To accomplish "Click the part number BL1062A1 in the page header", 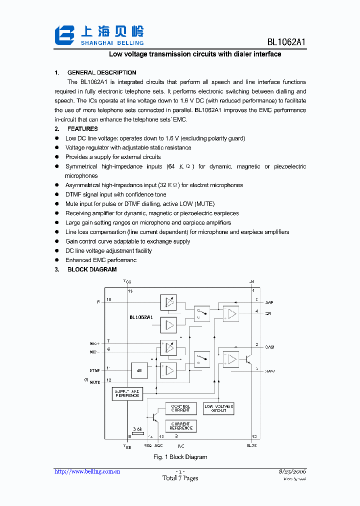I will [x=285, y=42].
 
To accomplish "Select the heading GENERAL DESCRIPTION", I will [x=101, y=72].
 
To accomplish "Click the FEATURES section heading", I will [x=82, y=129].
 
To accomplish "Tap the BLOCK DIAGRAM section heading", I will [x=92, y=269].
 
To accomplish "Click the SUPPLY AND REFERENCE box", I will [x=127, y=393].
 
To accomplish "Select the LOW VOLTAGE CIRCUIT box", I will [x=218, y=408].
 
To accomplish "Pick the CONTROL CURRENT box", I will [x=180, y=408].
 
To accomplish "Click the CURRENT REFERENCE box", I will [x=180, y=426].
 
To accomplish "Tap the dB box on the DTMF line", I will [x=139, y=370].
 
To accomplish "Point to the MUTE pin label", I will [x=94, y=382].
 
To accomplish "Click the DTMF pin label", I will [x=94, y=370].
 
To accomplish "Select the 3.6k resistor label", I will [x=137, y=429].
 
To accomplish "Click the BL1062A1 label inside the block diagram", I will [x=141, y=317].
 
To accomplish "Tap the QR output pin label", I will [x=268, y=314].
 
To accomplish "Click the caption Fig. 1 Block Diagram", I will [x=180, y=457].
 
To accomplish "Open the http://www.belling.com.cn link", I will [x=86, y=471].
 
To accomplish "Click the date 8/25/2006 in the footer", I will [x=292, y=471].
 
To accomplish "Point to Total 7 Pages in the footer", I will [x=180, y=478].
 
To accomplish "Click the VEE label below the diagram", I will [x=127, y=446].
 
